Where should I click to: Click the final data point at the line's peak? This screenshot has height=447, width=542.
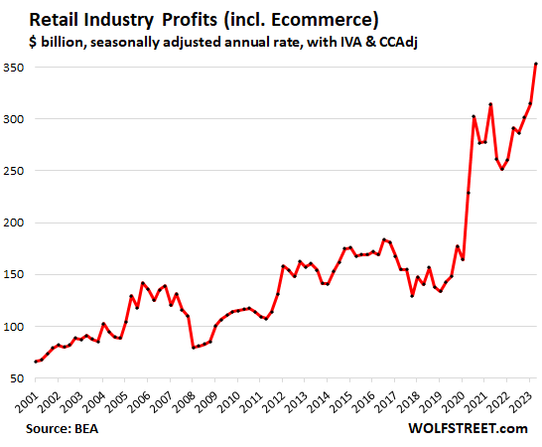tap(536, 65)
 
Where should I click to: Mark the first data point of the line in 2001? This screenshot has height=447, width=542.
tap(36, 362)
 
